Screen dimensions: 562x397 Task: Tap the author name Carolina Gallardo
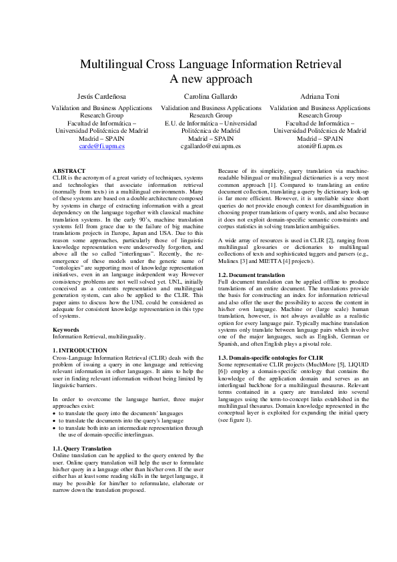[x=202, y=97]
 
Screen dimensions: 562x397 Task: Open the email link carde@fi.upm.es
[x=101, y=146]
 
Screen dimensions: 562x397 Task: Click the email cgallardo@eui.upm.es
[x=202, y=146]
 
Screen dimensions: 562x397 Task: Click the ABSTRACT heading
[x=69, y=172]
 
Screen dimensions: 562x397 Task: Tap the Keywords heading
[x=66, y=330]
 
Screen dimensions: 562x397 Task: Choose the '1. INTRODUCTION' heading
[x=79, y=350]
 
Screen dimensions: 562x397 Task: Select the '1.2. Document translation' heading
[x=252, y=275]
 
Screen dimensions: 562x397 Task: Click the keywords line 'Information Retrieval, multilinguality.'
[x=99, y=337]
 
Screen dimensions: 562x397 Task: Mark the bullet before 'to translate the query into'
[x=54, y=414]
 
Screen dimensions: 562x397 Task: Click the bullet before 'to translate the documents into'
[x=54, y=421]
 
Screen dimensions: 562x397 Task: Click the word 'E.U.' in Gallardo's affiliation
[x=171, y=123]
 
